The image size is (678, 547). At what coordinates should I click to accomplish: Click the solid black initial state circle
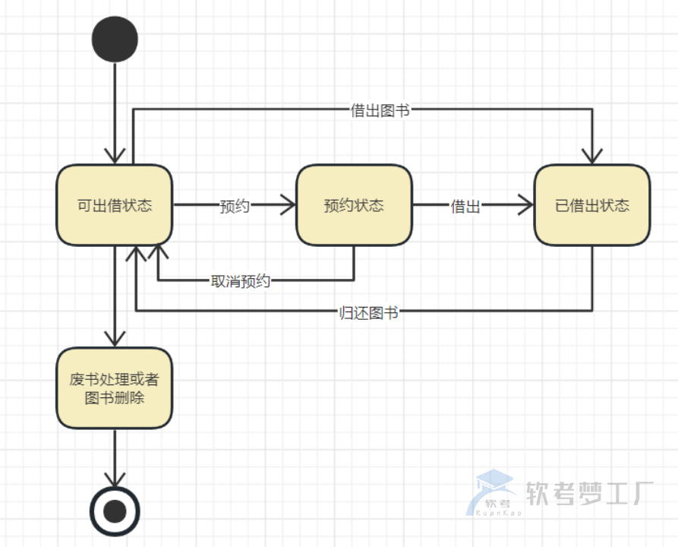pyautogui.click(x=115, y=40)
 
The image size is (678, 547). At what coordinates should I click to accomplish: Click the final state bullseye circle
pyautogui.click(x=115, y=511)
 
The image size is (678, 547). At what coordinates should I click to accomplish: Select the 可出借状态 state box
pyautogui.click(x=115, y=205)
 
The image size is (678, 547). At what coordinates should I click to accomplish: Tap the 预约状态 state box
pyautogui.click(x=354, y=205)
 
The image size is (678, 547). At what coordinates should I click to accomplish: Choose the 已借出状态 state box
pyautogui.click(x=592, y=205)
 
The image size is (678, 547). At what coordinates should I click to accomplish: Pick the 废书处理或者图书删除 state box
pyautogui.click(x=115, y=387)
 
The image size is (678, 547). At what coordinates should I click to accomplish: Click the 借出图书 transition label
pyautogui.click(x=380, y=110)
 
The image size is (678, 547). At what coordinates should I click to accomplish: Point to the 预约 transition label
pyautogui.click(x=235, y=206)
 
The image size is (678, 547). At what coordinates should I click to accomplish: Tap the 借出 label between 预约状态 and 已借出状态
pyautogui.click(x=465, y=206)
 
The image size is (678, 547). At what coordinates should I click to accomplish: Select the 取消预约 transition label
pyautogui.click(x=240, y=281)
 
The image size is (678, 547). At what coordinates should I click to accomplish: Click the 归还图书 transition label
pyautogui.click(x=368, y=311)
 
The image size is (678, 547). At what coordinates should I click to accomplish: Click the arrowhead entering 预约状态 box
pyautogui.click(x=288, y=204)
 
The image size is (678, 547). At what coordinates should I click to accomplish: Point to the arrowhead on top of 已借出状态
pyautogui.click(x=592, y=156)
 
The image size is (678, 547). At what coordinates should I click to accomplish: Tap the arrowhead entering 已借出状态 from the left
pyautogui.click(x=526, y=204)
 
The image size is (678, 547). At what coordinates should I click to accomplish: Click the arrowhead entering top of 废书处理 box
pyautogui.click(x=115, y=339)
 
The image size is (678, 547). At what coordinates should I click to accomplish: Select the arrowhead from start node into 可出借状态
pyautogui.click(x=115, y=155)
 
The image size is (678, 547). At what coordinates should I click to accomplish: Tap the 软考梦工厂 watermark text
pyautogui.click(x=589, y=494)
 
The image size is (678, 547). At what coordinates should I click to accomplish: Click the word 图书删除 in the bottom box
pyautogui.click(x=115, y=397)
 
